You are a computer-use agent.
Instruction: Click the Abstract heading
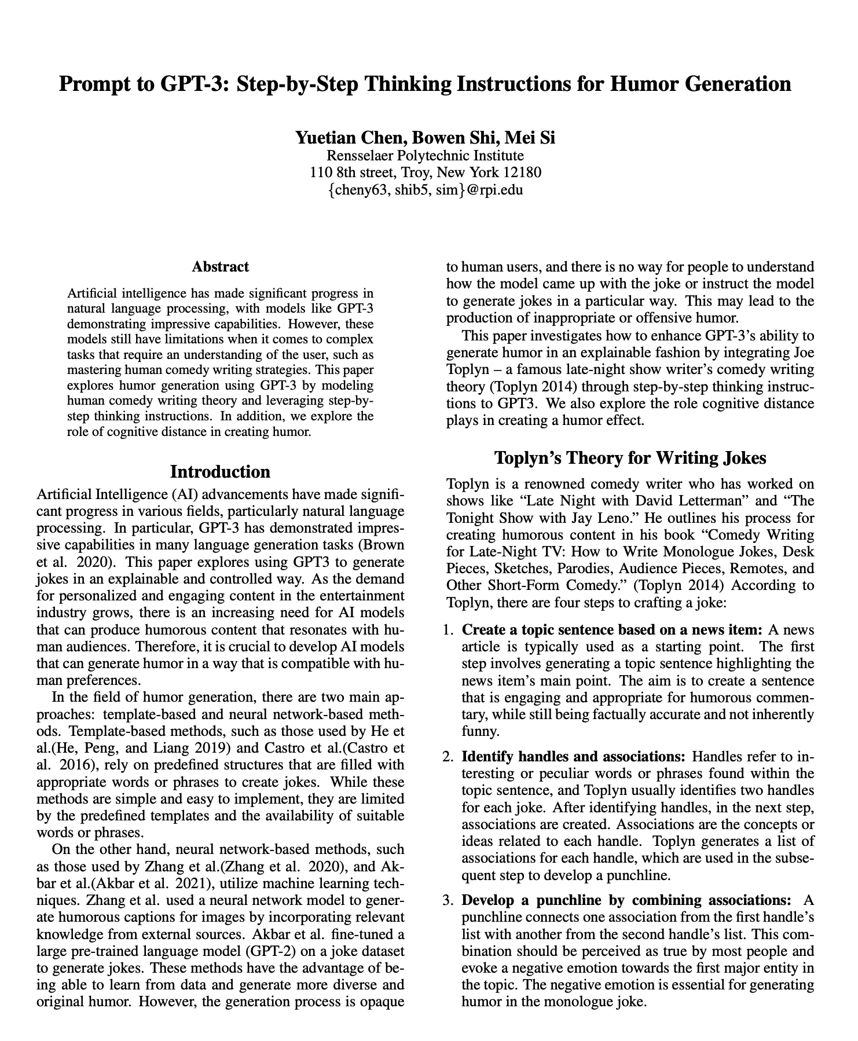click(x=220, y=267)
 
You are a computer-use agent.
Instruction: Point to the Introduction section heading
click(x=220, y=471)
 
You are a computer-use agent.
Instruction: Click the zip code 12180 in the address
click(x=522, y=173)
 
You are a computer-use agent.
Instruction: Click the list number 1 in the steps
click(x=447, y=630)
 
